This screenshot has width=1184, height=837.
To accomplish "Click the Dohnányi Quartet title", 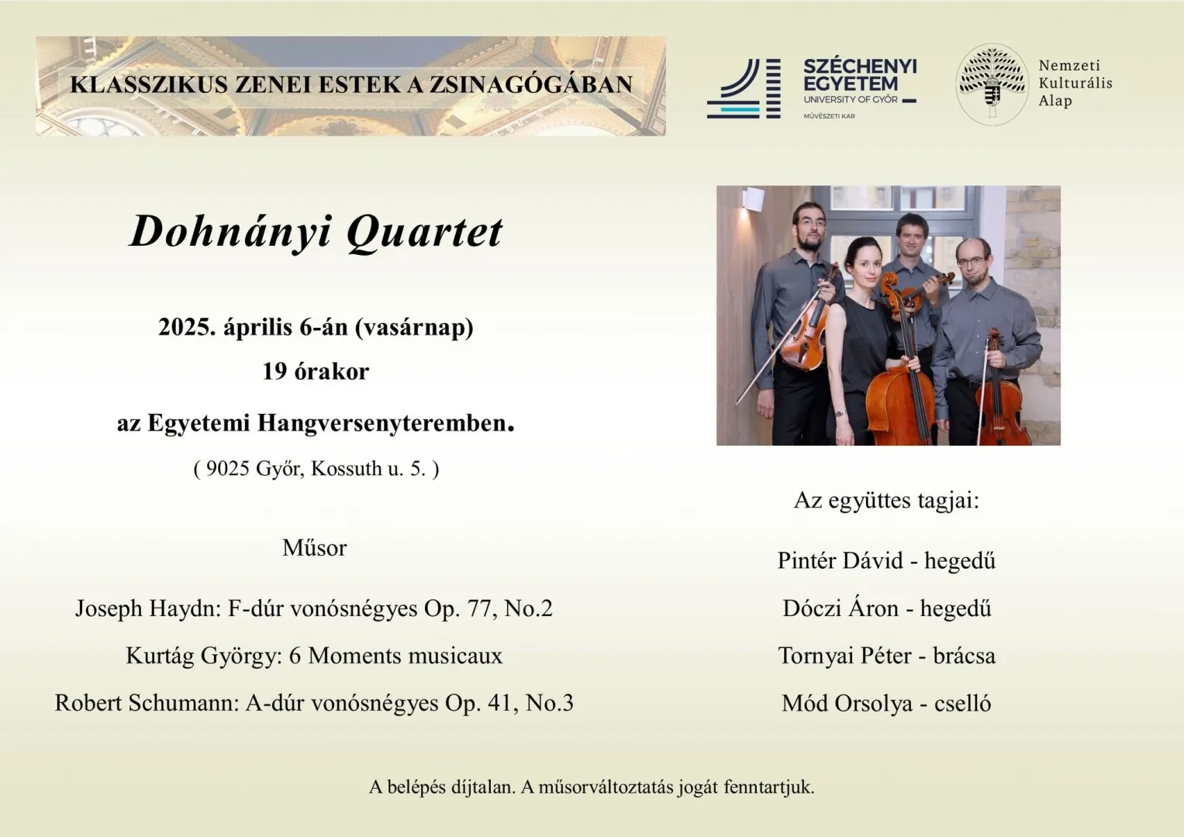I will tap(316, 231).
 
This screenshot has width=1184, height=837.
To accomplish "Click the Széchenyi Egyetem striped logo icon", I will tap(743, 89).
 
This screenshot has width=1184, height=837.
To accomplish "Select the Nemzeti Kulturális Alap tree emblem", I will tap(992, 84).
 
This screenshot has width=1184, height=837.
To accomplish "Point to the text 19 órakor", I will tap(316, 371).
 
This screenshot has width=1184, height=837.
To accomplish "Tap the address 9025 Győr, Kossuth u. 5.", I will tap(316, 468).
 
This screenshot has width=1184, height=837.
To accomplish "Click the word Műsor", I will tap(314, 548).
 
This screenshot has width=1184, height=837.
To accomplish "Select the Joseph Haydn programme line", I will tap(314, 608).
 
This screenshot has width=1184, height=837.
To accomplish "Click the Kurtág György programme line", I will tap(314, 656).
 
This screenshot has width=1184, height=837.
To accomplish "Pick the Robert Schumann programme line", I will tap(314, 703).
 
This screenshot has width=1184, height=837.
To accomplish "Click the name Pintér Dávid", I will tap(840, 560).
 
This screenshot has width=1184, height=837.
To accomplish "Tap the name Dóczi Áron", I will tap(840, 608).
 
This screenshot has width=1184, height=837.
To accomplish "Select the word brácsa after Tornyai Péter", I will tap(964, 656).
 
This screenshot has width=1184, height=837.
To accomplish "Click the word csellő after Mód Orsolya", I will tap(962, 704).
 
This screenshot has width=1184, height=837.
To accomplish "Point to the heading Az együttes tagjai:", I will tap(886, 501).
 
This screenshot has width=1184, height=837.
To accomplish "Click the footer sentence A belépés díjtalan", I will tap(442, 787).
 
